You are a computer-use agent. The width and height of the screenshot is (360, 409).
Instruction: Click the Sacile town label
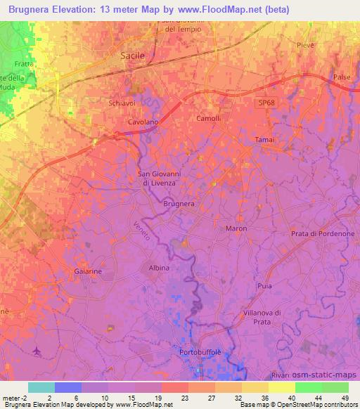(x=131, y=54)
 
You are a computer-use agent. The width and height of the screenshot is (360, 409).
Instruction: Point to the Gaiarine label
(x=89, y=271)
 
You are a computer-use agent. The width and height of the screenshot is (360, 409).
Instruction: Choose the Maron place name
(x=236, y=229)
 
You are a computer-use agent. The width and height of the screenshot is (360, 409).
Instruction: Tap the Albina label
(x=158, y=268)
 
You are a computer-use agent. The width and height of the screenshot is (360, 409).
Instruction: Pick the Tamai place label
(x=265, y=139)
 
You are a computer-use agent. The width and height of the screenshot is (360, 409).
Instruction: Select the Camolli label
(x=208, y=118)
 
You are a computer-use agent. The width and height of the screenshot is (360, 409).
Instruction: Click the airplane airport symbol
(x=37, y=349)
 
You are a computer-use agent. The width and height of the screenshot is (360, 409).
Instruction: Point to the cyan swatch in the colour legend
(x=41, y=387)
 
